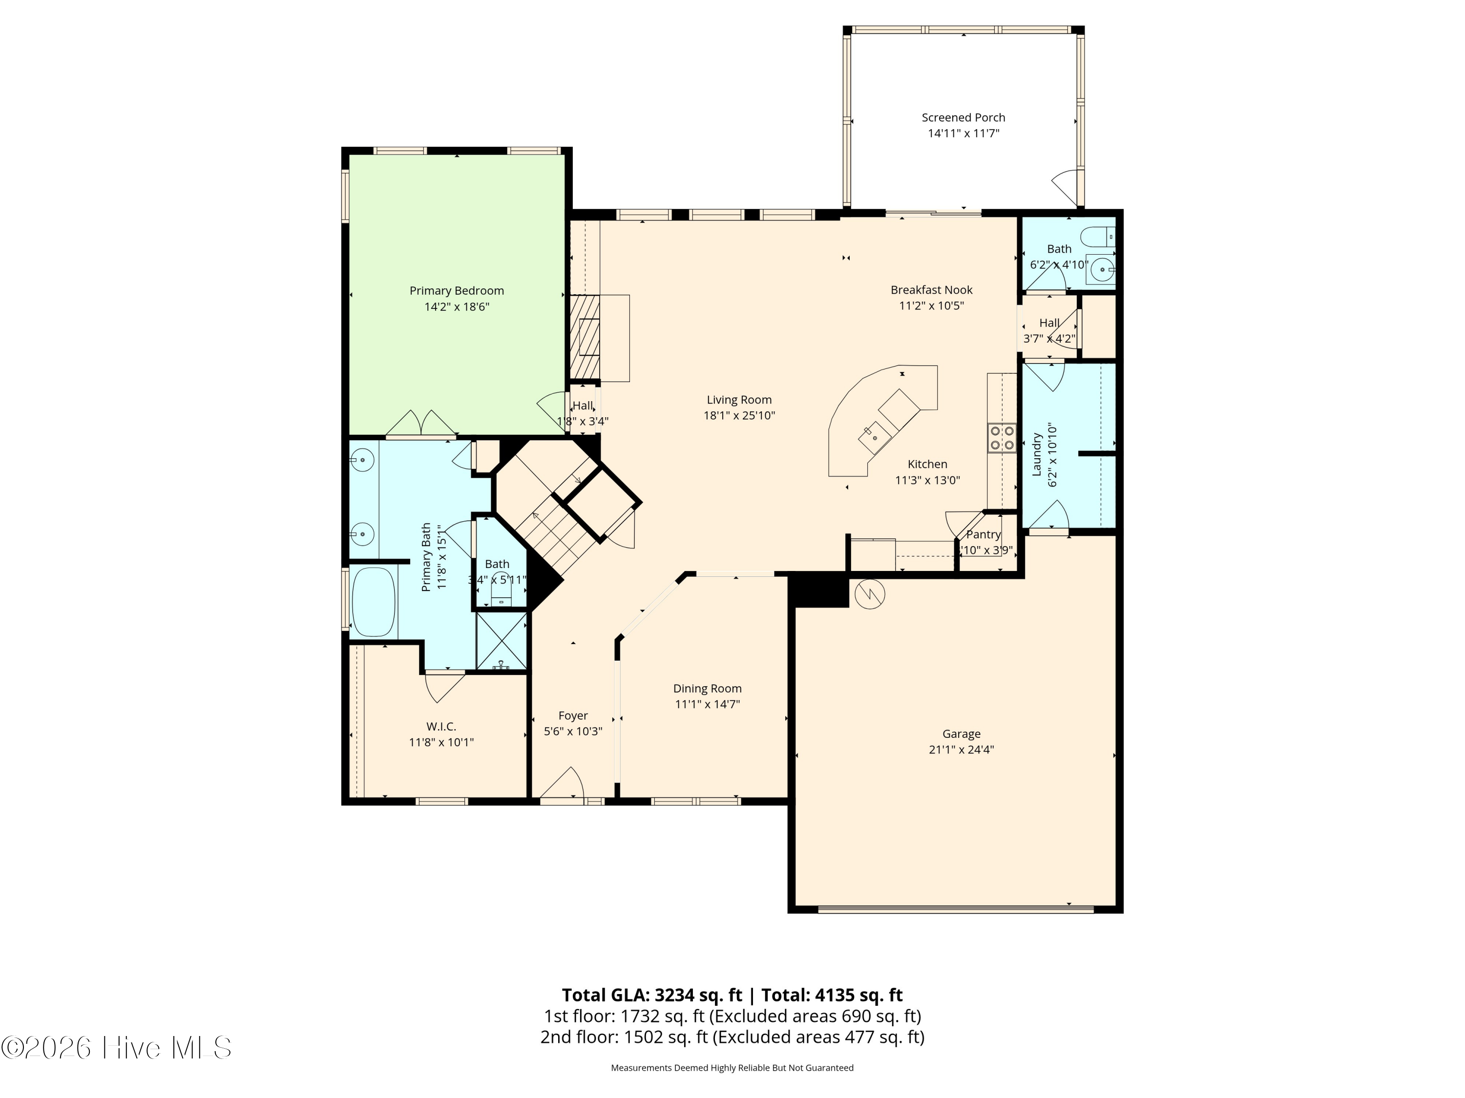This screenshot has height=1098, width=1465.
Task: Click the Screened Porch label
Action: (x=963, y=118)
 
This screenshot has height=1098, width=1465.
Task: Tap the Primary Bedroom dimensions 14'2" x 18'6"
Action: (x=457, y=306)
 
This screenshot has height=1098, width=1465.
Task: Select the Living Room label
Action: (x=739, y=400)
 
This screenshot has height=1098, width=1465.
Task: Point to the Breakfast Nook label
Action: (x=931, y=290)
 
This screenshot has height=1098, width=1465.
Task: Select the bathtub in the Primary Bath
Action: (x=374, y=602)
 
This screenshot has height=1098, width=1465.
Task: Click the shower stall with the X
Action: (x=502, y=641)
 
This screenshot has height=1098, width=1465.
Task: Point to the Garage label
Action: (x=961, y=734)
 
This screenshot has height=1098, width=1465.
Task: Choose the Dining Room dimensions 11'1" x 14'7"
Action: (x=707, y=704)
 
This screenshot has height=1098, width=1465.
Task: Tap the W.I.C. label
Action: (x=441, y=727)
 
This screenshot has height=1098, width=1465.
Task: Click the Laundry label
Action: (x=1037, y=455)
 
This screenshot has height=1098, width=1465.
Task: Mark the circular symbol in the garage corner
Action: (x=870, y=594)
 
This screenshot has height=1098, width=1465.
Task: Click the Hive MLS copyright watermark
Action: (x=117, y=1047)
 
